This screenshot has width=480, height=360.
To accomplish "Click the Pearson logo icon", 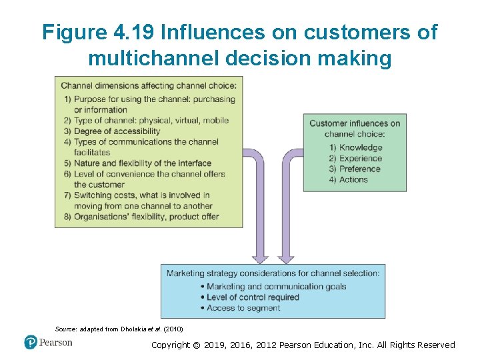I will (x=31, y=343).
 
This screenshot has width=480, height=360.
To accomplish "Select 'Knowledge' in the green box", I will (x=361, y=147).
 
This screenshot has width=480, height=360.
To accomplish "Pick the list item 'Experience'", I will (x=361, y=158).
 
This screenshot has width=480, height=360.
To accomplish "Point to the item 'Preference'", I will (x=360, y=169).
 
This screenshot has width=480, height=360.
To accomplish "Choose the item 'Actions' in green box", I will (x=353, y=179).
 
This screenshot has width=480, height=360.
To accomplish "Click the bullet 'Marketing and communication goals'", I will (x=276, y=287).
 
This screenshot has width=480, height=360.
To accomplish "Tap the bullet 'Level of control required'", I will (x=253, y=297).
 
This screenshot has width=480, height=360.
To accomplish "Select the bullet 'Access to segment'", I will (x=243, y=308).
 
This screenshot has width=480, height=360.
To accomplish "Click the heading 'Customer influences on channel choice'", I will (x=355, y=128).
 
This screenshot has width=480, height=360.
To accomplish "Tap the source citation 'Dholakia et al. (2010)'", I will (x=153, y=329).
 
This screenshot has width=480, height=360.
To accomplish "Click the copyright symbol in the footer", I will (x=198, y=345).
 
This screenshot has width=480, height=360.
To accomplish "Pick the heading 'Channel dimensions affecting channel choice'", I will (x=148, y=85).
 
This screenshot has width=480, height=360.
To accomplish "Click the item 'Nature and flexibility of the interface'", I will (x=142, y=163).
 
